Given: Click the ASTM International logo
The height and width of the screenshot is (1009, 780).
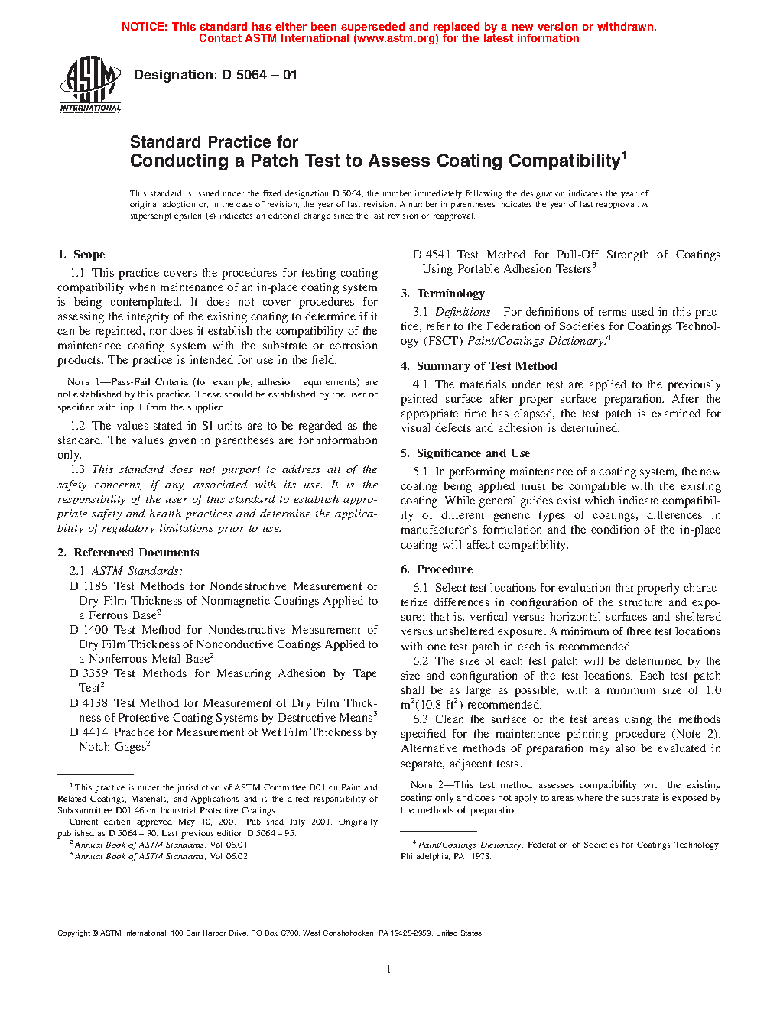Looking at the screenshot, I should [x=90, y=84].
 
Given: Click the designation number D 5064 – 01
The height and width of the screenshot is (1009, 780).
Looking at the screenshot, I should [x=258, y=75].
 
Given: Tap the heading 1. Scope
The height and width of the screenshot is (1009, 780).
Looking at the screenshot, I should [x=81, y=255].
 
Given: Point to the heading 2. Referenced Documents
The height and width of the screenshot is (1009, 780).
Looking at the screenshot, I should [x=128, y=553].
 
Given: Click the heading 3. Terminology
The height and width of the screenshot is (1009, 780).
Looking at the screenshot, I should [x=443, y=294].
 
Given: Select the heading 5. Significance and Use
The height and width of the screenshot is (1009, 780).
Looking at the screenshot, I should [x=465, y=453].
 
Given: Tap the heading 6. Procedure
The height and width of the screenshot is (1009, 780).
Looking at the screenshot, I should [x=437, y=569].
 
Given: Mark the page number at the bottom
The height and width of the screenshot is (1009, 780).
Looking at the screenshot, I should [x=389, y=970].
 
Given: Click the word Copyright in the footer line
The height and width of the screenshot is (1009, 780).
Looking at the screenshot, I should [x=74, y=933].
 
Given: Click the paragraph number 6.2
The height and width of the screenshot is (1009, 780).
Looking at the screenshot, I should [x=421, y=661].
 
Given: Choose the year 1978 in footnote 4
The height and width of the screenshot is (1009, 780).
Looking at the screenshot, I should [x=480, y=856].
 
